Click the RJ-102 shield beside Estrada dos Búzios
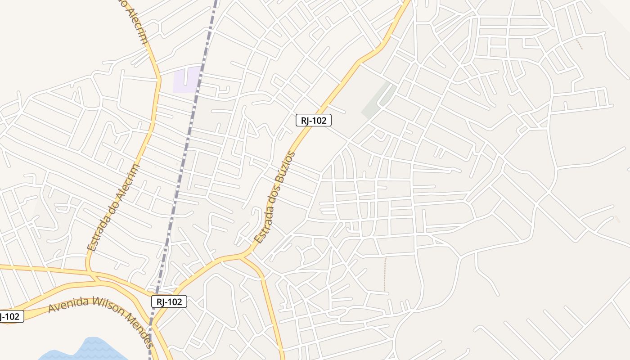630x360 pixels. coord(314,120)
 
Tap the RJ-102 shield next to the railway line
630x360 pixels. coord(169,301)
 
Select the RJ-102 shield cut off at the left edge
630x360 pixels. coord(10,316)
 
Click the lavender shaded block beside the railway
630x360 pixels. coord(187,80)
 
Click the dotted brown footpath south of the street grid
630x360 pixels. coord(385,274)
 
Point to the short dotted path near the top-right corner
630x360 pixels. coord(579,44)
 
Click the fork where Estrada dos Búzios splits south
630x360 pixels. coord(243,256)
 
